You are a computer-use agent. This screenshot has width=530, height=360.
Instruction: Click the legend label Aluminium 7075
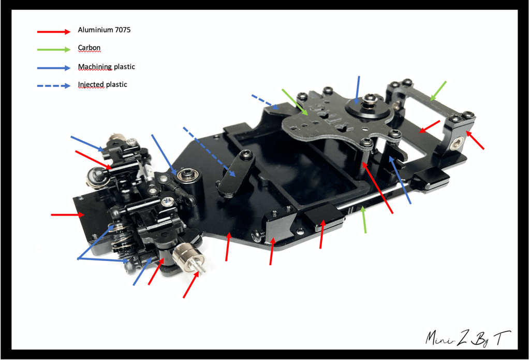104,30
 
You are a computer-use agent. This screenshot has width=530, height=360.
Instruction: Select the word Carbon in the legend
89,48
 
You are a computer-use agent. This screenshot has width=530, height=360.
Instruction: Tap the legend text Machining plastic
107,67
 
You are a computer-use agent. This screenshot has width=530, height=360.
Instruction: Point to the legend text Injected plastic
102,84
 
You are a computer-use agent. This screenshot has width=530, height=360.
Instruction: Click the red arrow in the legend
54,32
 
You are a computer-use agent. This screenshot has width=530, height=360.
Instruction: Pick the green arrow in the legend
54,50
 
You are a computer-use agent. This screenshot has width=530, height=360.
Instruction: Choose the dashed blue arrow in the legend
54,85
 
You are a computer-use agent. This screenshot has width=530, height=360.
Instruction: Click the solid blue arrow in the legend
54,68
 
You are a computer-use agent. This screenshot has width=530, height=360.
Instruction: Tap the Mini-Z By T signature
468,338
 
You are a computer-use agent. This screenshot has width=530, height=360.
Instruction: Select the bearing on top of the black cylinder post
185,175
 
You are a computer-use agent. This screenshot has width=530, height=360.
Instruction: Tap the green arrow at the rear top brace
438,91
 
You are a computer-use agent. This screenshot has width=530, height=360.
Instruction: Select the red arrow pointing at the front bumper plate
68,214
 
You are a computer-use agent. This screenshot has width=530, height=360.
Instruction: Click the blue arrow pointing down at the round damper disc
357,90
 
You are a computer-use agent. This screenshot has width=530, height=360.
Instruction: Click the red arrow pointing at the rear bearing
475,140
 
